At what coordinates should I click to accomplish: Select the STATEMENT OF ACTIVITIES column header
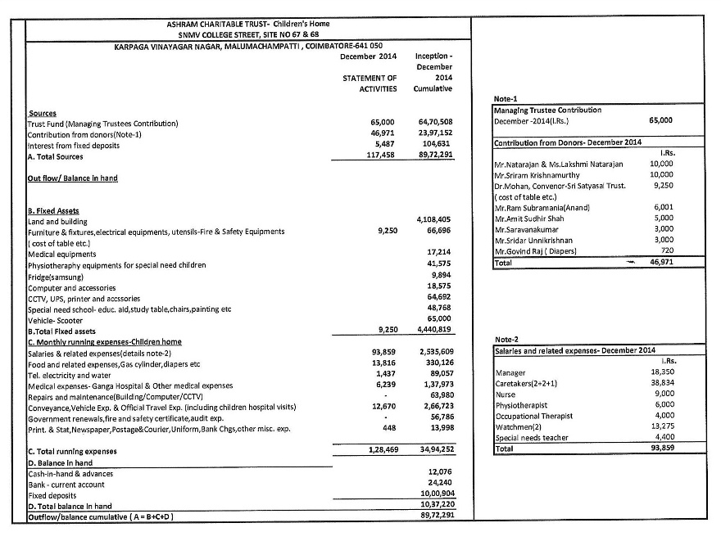coord(370,83)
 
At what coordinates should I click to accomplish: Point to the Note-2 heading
coord(507,339)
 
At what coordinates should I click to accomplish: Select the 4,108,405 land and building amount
coord(434,220)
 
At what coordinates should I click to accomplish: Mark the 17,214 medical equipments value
coord(440,253)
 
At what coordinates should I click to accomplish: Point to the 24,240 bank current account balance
coord(440,484)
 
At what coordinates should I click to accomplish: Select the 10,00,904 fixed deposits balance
coord(435,495)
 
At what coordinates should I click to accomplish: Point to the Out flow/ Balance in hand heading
coord(73,178)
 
